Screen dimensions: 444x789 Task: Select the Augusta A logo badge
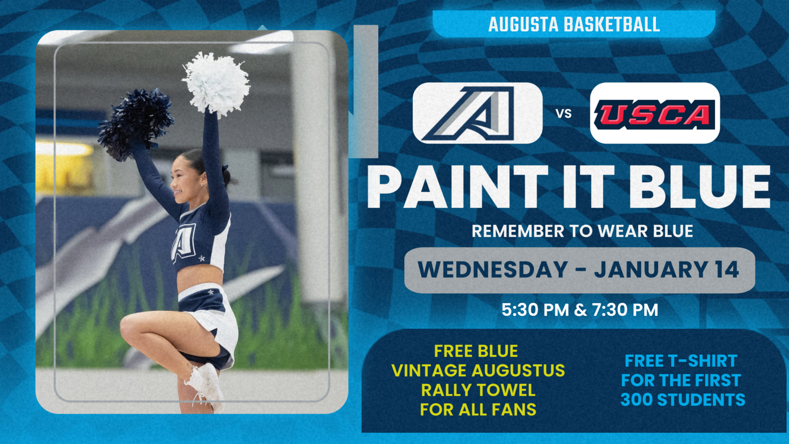pyautogui.click(x=477, y=113)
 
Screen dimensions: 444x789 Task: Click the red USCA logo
pyautogui.click(x=655, y=114)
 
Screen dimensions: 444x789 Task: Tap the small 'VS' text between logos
pyautogui.click(x=563, y=114)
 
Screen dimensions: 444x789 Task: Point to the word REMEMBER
pyautogui.click(x=518, y=231)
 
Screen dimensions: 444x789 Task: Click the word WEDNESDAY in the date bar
pyautogui.click(x=493, y=270)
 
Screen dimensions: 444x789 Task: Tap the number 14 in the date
pyautogui.click(x=727, y=270)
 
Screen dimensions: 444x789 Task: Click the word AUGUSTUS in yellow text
pyautogui.click(x=518, y=371)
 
